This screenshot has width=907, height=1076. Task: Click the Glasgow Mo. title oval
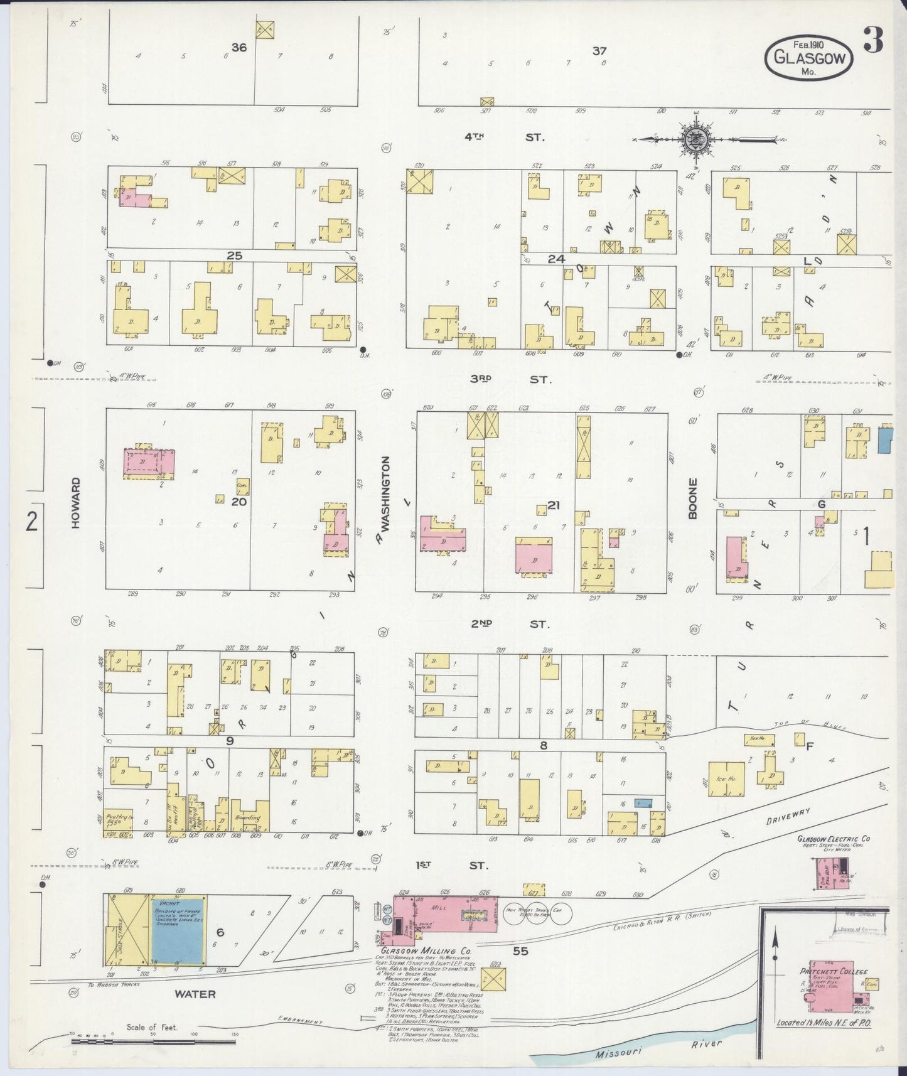coord(808,56)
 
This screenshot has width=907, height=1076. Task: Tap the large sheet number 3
coord(874,40)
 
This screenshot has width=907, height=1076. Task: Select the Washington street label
coord(385,494)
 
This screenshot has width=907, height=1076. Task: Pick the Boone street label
coord(692,498)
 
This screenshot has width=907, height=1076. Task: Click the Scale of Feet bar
coord(153,1041)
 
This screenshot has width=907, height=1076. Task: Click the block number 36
coord(239,47)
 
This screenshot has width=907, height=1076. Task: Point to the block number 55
coord(520,950)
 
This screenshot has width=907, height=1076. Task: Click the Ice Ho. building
coord(726,779)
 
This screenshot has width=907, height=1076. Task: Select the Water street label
coord(195,994)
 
